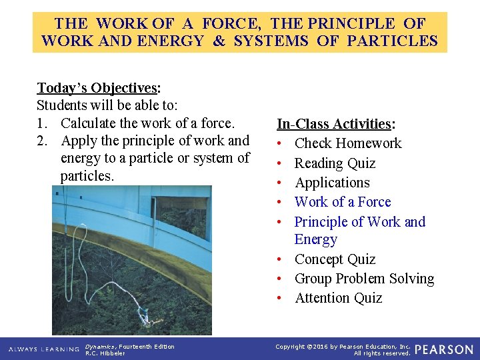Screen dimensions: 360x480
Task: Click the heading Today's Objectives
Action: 97,88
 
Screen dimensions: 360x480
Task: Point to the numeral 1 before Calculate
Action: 41,123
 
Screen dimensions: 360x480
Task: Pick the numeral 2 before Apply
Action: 41,141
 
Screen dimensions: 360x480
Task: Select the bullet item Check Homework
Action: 347,143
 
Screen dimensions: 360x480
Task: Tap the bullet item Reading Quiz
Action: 335,163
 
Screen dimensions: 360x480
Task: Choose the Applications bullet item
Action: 332,183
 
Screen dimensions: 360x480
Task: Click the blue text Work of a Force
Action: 342,202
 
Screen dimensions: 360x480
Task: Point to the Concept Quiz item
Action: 335,259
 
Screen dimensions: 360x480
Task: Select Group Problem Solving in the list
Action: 364,279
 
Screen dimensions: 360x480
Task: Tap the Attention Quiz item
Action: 338,298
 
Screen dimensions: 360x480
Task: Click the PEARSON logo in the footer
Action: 443,349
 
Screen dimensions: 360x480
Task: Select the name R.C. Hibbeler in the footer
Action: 105,353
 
